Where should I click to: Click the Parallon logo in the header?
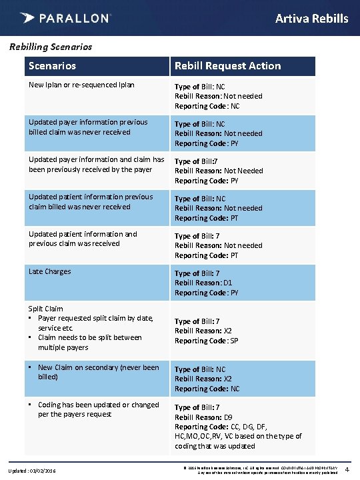[65, 18]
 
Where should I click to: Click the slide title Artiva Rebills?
[311, 18]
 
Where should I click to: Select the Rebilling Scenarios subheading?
[50, 47]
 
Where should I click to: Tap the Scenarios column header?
[52, 66]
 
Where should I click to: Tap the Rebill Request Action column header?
[227, 66]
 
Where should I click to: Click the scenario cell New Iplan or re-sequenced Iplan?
[81, 85]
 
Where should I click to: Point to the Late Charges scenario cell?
[49, 271]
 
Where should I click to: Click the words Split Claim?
[45, 309]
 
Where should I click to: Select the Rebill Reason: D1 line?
[203, 283]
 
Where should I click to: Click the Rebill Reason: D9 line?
[203, 417]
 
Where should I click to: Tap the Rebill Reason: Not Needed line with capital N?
[219, 171]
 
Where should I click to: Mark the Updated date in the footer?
[32, 471]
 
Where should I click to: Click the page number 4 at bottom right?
[352, 470]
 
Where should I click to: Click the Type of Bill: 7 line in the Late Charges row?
[197, 273]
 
